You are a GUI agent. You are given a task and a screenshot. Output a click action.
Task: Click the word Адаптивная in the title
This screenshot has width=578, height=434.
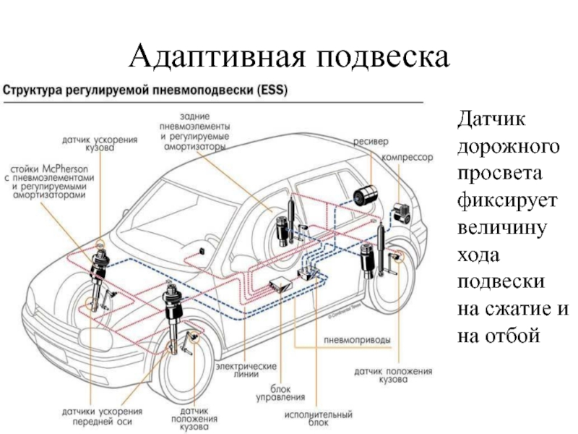coord(217,56)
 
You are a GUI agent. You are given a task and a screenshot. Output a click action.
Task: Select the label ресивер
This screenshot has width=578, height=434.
coord(371,142)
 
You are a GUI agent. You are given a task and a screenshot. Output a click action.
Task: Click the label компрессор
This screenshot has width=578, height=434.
coord(407,158)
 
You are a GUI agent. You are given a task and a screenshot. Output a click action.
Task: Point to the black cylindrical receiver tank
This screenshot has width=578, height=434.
coord(364,195)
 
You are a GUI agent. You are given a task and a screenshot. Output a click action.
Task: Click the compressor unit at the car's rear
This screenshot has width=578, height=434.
coord(402,213)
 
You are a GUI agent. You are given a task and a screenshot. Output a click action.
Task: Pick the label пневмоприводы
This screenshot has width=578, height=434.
coord(357,340)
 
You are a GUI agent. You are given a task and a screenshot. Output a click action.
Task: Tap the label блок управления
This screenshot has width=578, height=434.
coord(280,393)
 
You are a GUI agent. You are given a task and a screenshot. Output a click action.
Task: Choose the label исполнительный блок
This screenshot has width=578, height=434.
coord(319,419)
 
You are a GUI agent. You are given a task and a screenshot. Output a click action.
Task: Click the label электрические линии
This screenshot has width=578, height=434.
coord(246,370)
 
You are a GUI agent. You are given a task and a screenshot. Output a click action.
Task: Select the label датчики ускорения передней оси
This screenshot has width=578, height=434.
coord(102,417)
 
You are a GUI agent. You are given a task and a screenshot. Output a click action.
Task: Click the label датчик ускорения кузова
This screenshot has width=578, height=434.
coord(100,143)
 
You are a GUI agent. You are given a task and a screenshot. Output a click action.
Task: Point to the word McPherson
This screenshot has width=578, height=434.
coord(65,169)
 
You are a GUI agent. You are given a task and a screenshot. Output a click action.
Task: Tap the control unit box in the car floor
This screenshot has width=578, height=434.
coord(281,284)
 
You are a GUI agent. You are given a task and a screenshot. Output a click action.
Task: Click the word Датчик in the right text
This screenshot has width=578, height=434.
coord(491,119)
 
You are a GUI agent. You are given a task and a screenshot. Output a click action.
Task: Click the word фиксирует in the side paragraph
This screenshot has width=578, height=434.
coord(507,201)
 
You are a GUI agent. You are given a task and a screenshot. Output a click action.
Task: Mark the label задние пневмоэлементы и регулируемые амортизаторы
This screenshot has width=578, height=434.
coord(194,132)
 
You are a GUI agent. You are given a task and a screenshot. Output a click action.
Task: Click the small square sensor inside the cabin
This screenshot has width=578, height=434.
coord(202,251)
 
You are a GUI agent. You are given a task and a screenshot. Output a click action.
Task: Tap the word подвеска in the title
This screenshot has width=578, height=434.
coord(384,56)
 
